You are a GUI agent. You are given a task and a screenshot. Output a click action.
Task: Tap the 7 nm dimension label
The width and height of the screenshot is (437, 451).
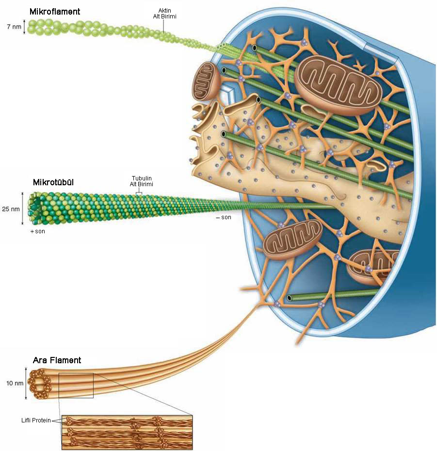(x=14, y=27)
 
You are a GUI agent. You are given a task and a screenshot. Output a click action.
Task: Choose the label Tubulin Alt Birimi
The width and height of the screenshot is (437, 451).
(x=142, y=181)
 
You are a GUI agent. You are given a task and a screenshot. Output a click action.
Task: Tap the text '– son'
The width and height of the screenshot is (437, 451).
(x=224, y=217)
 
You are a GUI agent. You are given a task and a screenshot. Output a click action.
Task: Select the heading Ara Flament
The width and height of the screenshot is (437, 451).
(x=57, y=360)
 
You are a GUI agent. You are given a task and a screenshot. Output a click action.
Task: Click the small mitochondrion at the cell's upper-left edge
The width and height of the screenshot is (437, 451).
(x=207, y=81)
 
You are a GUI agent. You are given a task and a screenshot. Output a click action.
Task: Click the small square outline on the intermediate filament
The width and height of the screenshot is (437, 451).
(x=76, y=385)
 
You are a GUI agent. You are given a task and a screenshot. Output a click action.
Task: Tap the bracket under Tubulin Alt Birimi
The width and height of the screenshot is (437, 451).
(x=139, y=193)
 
